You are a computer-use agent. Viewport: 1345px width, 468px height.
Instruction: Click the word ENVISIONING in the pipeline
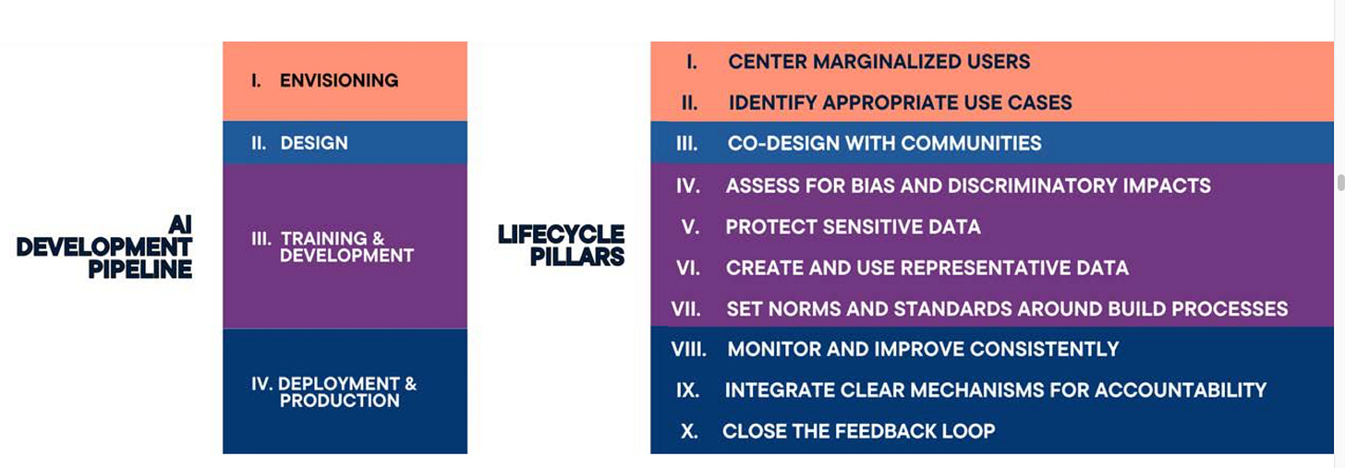click(x=339, y=80)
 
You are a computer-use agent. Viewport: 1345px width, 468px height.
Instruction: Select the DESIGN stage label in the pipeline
click(x=314, y=143)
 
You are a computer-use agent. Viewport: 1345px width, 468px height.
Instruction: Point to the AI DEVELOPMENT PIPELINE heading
click(x=104, y=246)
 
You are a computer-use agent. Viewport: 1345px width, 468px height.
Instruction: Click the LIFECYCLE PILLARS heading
click(x=562, y=245)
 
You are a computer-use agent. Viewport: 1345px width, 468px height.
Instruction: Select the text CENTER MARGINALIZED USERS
click(x=878, y=62)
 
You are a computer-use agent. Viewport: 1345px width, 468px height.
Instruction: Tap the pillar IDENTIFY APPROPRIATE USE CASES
click(x=900, y=102)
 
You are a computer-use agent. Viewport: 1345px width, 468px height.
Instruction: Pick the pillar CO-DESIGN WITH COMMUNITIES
click(x=884, y=143)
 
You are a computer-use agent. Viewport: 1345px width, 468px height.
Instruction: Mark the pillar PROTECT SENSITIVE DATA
click(x=853, y=226)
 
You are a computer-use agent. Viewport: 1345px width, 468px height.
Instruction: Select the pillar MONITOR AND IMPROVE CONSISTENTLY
click(x=923, y=349)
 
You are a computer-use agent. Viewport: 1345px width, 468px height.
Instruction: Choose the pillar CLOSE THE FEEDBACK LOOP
click(x=858, y=430)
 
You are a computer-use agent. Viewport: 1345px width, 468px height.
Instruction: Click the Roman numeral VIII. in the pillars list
click(x=689, y=349)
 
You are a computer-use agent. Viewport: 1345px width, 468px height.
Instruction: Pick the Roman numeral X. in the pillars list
click(x=689, y=430)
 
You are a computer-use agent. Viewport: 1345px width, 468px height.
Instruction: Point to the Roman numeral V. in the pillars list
click(x=690, y=226)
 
